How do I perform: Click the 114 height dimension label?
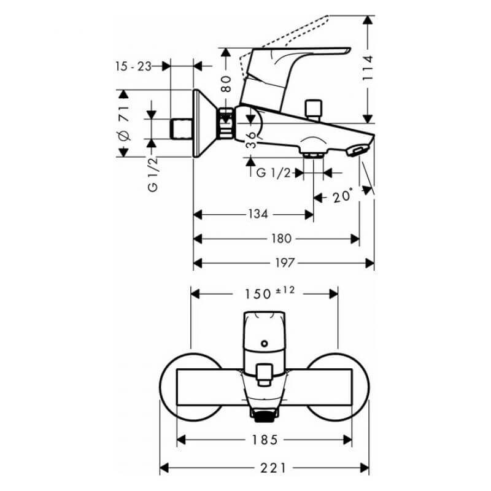point(368,68)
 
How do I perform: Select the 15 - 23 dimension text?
point(133,66)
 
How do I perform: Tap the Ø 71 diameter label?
point(123,123)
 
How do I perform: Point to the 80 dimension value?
point(226,83)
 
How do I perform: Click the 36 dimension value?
point(250,140)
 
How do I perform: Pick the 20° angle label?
point(342,196)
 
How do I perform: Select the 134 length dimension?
point(258,214)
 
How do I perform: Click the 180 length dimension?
point(281,239)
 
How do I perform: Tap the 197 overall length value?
point(285,263)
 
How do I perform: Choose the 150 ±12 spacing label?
point(269,293)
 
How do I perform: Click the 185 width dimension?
point(265,440)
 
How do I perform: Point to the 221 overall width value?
point(273,468)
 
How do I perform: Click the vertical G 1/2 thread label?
point(153,175)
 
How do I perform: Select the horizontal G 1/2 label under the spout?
point(273,172)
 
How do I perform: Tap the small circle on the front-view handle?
point(265,344)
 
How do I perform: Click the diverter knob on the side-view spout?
point(314,110)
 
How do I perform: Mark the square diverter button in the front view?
point(265,374)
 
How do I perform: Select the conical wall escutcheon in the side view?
point(204,123)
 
